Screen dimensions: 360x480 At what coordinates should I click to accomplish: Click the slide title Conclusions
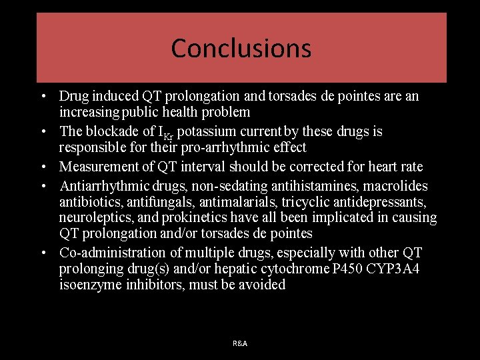(241, 48)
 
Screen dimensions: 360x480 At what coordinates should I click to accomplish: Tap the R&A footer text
(240, 343)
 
